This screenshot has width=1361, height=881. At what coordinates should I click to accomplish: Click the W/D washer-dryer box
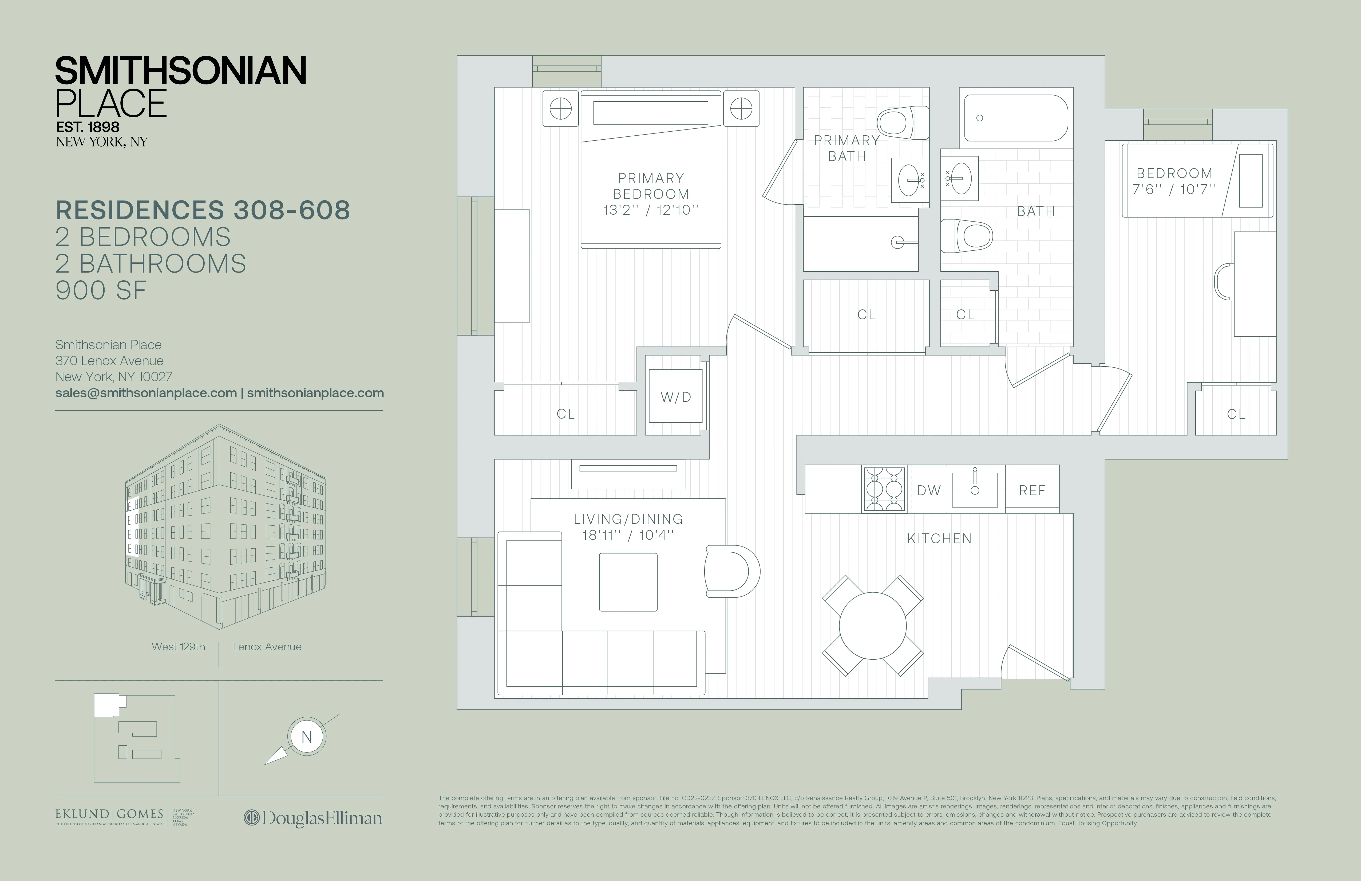coord(675,396)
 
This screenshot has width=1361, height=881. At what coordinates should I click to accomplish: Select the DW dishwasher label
coord(928,490)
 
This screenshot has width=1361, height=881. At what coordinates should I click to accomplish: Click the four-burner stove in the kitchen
coord(884,489)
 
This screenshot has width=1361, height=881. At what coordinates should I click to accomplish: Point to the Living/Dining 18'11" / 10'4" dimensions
coord(628,535)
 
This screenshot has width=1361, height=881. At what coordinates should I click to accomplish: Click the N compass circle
coord(307,737)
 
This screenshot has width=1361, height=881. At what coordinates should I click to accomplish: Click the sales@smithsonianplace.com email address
coord(146,393)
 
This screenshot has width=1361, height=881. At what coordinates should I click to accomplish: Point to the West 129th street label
coord(178,646)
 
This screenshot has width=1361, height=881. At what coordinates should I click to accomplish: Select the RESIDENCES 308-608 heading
coord(203,210)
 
